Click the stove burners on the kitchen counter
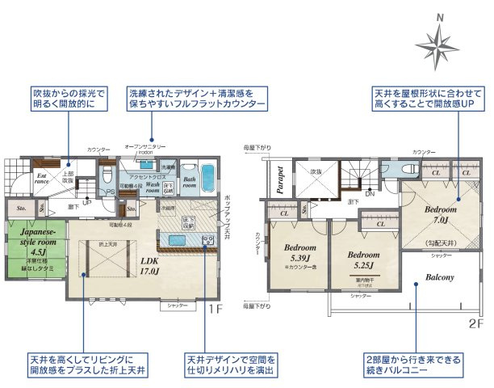point(207,239)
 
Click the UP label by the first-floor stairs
point(86,201)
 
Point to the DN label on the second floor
point(369,193)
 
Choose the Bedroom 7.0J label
point(442,217)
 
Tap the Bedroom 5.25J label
point(363,259)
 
